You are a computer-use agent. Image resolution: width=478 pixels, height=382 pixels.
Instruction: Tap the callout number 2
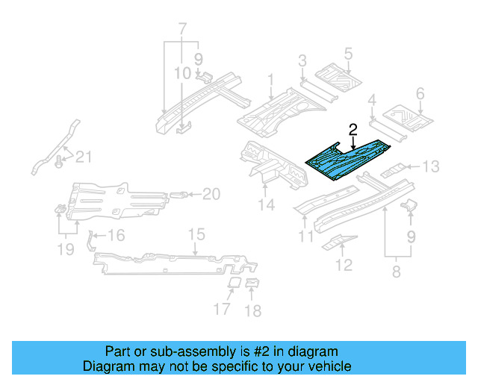point(353,129)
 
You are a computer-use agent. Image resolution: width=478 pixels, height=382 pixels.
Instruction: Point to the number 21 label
point(85,156)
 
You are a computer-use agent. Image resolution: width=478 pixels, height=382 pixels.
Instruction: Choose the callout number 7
point(181,30)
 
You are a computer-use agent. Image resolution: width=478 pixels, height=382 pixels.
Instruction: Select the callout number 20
point(211,194)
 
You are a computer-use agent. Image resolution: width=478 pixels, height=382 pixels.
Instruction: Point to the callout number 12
point(344,264)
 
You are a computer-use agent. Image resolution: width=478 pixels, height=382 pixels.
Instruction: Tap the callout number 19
point(66,248)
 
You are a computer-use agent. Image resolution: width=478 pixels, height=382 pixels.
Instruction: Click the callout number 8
point(395,272)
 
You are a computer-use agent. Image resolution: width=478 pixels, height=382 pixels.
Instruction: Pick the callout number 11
point(305,237)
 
